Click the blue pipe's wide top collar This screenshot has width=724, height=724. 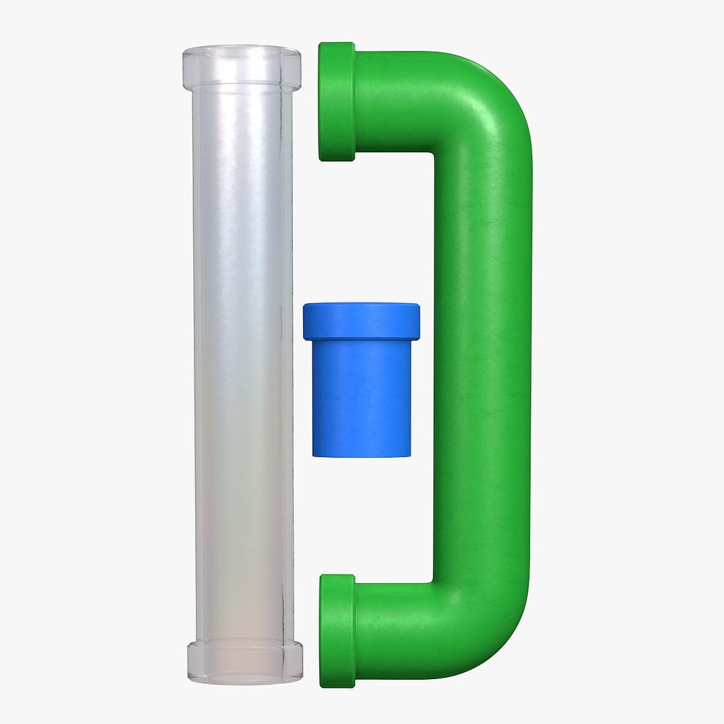coord(361,321)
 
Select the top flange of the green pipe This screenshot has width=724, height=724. coord(337,102)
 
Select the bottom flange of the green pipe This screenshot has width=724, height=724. coord(337,631)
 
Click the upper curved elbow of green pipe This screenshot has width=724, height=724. coord(489,101)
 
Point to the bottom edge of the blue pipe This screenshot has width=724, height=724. coord(362,455)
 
